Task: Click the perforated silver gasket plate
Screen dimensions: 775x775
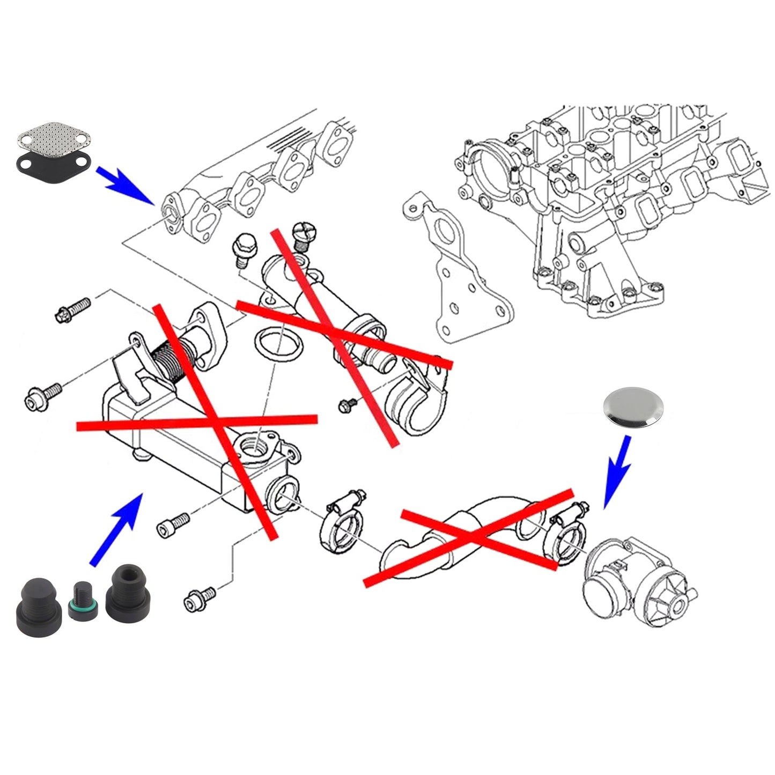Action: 52,138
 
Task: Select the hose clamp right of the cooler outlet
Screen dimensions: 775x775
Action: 343,522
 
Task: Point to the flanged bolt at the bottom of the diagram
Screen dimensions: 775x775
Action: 200,598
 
